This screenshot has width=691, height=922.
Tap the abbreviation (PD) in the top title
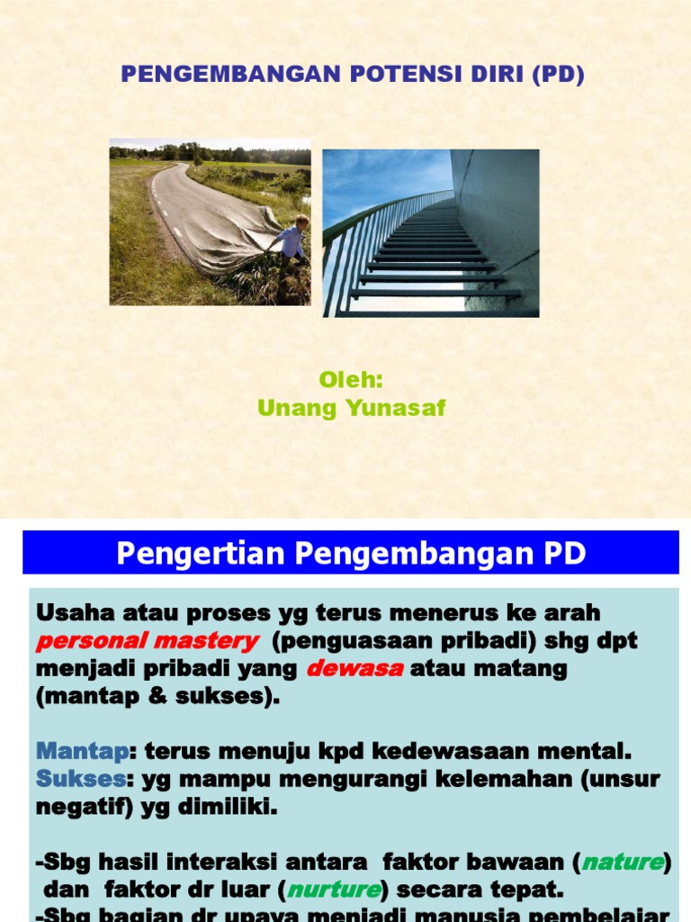tap(558, 75)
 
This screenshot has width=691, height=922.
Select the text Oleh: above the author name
tap(351, 380)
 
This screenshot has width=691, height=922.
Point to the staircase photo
tap(430, 232)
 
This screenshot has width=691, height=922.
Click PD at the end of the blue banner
tap(565, 554)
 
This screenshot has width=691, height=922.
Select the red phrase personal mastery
tap(147, 641)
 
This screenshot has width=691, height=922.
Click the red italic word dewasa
tap(354, 669)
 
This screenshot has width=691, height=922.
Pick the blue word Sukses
tap(81, 778)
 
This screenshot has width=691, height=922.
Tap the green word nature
tap(622, 863)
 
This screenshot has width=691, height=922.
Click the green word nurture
tap(334, 890)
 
